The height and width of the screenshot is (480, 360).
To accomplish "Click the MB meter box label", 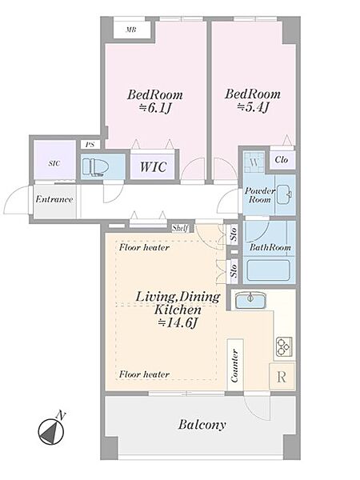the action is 131,30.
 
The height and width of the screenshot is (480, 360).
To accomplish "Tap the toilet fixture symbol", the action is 96,168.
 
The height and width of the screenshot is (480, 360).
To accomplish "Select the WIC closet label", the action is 153,167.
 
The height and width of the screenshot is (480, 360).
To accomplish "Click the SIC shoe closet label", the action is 54,163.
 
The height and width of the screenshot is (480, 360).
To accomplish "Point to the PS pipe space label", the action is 90,145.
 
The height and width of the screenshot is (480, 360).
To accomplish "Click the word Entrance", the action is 54,199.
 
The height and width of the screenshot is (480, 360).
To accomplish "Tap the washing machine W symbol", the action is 254,162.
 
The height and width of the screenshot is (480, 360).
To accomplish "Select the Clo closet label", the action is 281,160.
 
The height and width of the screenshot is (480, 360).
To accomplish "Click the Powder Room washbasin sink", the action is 285,194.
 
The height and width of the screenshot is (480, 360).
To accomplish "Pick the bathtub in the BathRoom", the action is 268,270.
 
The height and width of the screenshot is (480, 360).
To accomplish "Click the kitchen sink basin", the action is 250,300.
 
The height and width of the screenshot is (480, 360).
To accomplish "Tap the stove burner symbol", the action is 284,347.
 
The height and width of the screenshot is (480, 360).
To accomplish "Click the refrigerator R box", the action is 282,377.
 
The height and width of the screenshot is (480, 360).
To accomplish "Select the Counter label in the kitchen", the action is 235,366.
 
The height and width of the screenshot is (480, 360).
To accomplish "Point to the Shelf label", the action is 180,228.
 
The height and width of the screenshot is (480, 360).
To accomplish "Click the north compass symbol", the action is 51,432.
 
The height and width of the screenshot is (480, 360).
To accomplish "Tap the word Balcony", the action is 202,425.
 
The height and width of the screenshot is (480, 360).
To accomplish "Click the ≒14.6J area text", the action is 177,322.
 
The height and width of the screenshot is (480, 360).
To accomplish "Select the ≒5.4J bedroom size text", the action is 253,107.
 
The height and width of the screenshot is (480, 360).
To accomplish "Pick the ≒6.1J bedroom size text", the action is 155,108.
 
